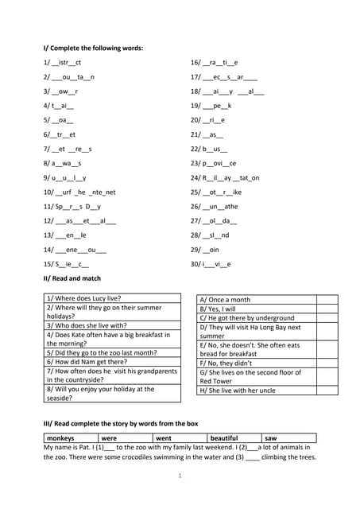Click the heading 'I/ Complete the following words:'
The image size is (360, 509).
(93, 48)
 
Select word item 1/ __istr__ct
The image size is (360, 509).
(63, 62)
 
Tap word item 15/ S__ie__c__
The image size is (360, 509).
(67, 263)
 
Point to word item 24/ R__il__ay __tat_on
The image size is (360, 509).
(225, 177)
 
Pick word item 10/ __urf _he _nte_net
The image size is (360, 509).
(79, 192)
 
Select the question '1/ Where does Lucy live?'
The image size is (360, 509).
(83, 297)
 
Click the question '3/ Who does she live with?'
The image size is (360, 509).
(87, 325)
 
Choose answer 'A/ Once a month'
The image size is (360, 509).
(225, 300)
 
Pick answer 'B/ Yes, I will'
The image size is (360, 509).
(218, 309)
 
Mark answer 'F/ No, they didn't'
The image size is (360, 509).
(227, 363)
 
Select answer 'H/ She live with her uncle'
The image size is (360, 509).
(238, 390)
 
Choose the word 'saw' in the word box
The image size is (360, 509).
(271, 438)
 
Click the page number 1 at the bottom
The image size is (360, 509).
(180, 476)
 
